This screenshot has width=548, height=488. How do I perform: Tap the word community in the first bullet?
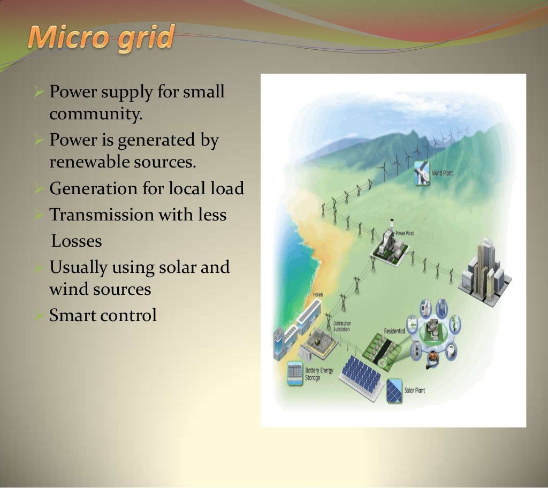pos(96,114)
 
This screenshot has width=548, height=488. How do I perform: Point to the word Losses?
pos(77,241)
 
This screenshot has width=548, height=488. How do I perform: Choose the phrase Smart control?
pos(103,315)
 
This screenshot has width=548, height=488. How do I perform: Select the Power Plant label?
pos(405,233)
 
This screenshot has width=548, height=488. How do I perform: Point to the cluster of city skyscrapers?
pos(484,271)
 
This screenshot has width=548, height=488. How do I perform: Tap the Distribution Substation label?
pos(342,326)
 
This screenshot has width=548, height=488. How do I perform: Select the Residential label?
pos(394,331)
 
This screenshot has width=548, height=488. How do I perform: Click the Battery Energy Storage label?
pos(319,373)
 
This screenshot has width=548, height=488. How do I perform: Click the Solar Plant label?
pos(415,391)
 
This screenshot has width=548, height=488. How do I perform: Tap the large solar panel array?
pos(362,375)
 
